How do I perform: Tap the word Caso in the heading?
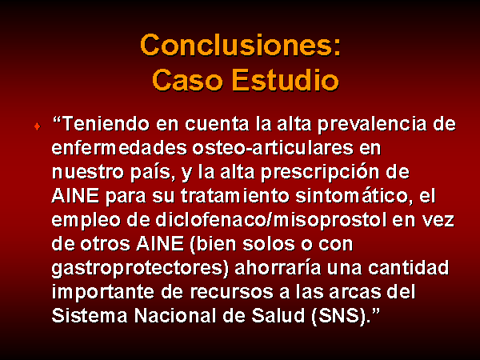pyautogui.click(x=187, y=80)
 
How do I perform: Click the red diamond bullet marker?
pyautogui.click(x=38, y=126)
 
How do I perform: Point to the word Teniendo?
pyautogui.click(x=106, y=124)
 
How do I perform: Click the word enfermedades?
pyautogui.click(x=119, y=147)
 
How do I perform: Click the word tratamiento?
pyautogui.click(x=234, y=196)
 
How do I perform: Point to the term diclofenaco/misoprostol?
pyautogui.click(x=271, y=221)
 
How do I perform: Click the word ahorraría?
pyautogui.click(x=278, y=267)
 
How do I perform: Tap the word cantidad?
pyautogui.click(x=408, y=267)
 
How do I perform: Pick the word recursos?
pyautogui.click(x=232, y=292)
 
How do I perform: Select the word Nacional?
pyautogui.click(x=175, y=315)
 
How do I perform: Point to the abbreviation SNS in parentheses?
pyautogui.click(x=339, y=316)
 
